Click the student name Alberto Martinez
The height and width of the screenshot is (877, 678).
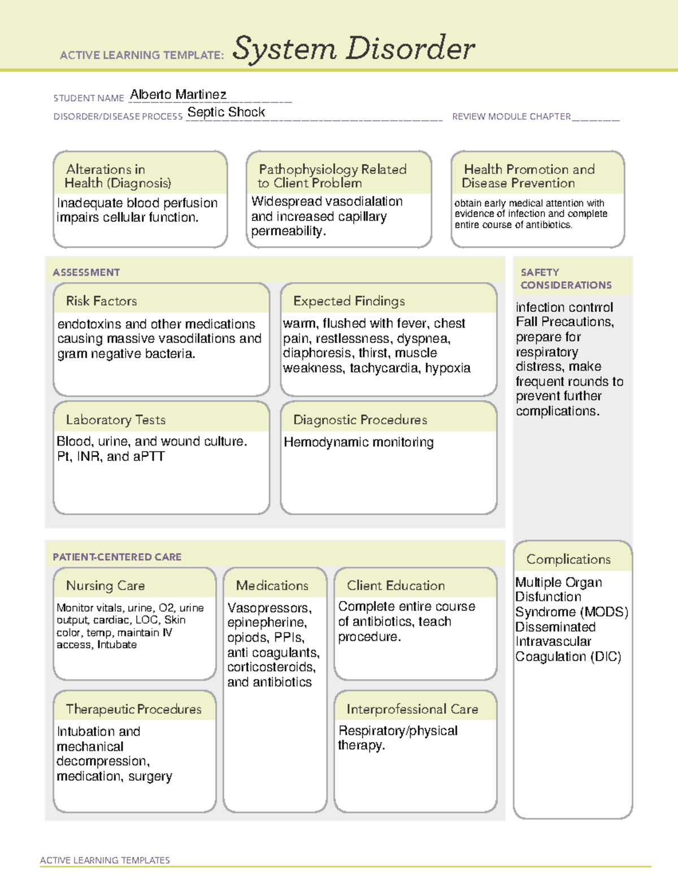point(178,94)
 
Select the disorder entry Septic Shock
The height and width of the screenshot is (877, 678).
point(226,112)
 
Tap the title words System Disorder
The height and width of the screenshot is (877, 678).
point(354,49)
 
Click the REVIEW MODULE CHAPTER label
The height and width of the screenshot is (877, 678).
point(511,116)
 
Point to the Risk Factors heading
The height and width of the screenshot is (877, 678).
point(101,301)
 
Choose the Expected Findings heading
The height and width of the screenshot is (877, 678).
point(349,301)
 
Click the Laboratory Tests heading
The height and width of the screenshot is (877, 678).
point(115,420)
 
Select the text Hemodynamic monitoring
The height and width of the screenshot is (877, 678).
point(358,442)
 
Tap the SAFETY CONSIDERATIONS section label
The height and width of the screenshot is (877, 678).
point(566,278)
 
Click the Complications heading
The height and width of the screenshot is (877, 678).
point(568,559)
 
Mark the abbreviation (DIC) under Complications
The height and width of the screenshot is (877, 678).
point(606,657)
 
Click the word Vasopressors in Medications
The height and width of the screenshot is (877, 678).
point(269,608)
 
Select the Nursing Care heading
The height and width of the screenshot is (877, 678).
point(105,586)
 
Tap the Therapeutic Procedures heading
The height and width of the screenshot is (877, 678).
point(133,709)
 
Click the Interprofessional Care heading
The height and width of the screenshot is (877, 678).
point(412,709)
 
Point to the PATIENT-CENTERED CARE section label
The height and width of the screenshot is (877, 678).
point(117,557)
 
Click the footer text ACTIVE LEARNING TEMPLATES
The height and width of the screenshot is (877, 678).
point(105,860)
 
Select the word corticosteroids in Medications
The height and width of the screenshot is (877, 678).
point(271,667)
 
